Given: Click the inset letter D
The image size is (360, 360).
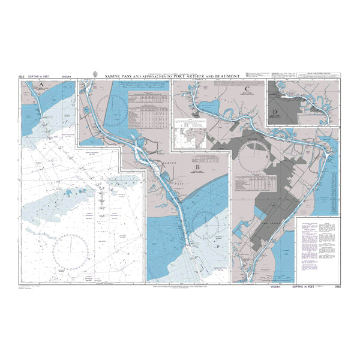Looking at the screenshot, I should tap(275, 112).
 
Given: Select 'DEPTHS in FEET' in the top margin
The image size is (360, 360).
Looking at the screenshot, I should tap(41, 77).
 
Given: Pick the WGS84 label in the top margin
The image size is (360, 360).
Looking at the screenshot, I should tap(69, 77).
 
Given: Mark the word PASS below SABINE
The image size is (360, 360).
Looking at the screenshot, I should tap(177, 179).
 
